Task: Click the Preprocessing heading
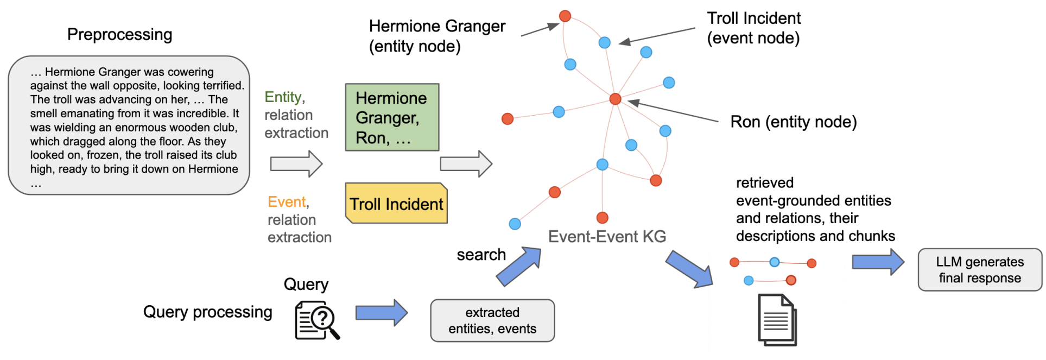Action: point(119,35)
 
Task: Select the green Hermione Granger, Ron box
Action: point(392,117)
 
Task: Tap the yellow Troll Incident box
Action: point(396,204)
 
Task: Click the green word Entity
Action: point(283,97)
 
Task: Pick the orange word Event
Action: point(287,202)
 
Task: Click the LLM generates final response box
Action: point(979,270)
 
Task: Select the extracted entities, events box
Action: point(492,320)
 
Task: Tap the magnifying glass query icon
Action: point(317,321)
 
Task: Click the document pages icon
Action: point(777,320)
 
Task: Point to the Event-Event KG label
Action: point(607,237)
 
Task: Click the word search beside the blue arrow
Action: point(481,255)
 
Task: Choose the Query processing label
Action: point(207,312)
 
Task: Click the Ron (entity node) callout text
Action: point(793,122)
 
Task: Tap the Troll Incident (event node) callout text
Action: point(753,28)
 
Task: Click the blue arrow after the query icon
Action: point(381,313)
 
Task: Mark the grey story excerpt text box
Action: point(129,125)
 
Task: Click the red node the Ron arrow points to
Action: point(615,99)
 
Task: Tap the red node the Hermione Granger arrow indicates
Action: point(565,16)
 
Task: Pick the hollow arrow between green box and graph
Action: point(466,163)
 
